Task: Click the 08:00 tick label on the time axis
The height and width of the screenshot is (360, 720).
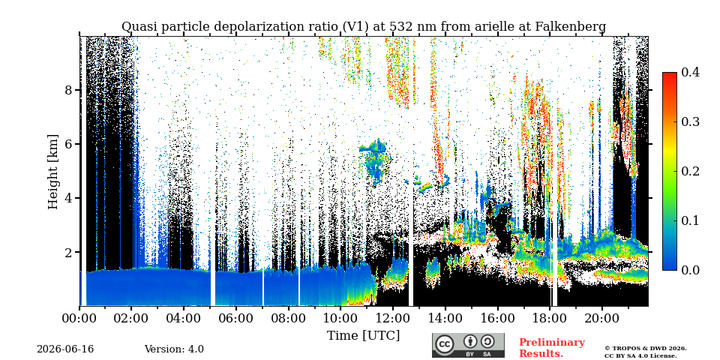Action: point(288,318)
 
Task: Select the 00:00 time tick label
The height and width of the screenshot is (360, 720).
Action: point(79,318)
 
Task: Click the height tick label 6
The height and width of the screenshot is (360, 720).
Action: point(68,144)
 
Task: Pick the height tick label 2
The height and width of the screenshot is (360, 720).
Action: point(68,253)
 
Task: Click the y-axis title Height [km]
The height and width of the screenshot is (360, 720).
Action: point(53,172)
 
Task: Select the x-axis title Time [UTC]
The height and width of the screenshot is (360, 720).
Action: point(363,335)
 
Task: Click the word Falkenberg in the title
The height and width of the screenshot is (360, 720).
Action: point(571,27)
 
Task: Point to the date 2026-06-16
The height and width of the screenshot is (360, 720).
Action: point(65,349)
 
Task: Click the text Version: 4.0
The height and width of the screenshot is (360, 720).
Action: point(174,349)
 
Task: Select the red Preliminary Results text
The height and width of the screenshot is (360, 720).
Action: point(552,347)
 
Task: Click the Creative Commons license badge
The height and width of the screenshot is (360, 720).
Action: point(468,345)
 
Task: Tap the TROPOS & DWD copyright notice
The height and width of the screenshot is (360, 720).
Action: point(646,352)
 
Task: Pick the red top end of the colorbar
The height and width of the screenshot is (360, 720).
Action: point(670,73)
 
